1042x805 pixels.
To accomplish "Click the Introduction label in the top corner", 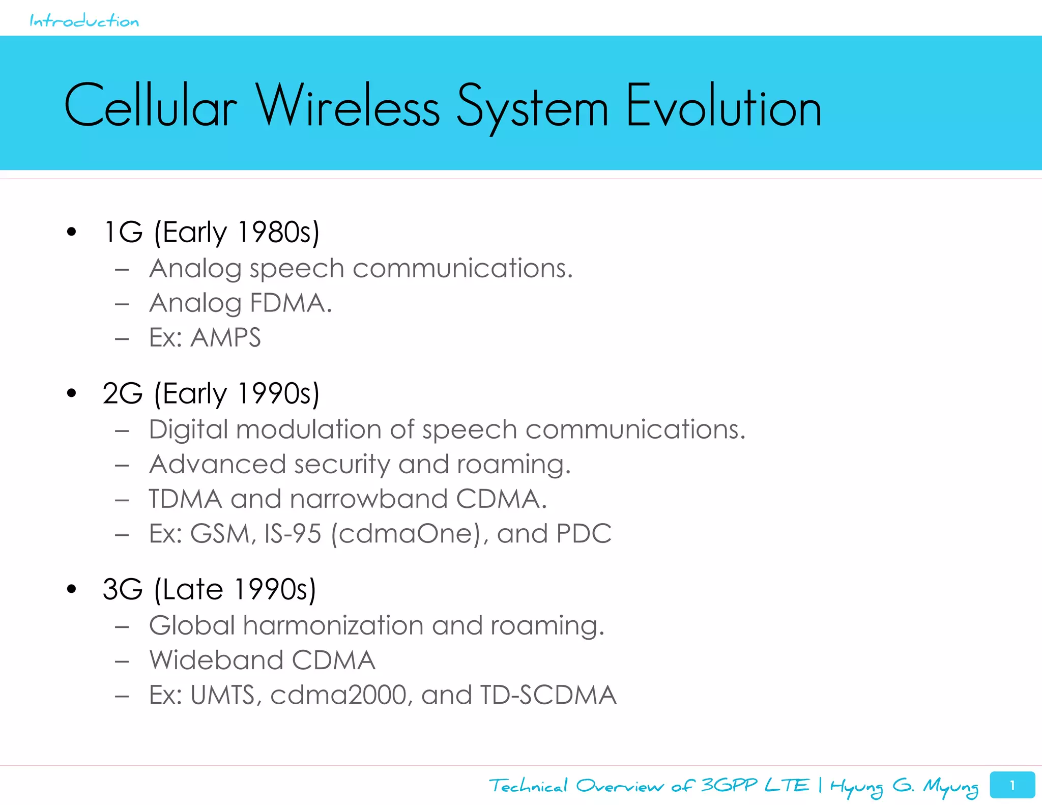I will coord(84,21).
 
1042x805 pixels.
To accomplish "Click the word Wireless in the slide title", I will coord(348,107).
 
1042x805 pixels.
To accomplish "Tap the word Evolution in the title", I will coord(723,107).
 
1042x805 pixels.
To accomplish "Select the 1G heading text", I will coord(123,233).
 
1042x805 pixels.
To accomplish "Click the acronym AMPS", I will coord(225,338).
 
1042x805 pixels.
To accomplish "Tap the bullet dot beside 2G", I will coord(71,393).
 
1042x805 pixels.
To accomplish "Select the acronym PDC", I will coord(584,534).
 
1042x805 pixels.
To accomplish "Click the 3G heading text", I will coord(123,590).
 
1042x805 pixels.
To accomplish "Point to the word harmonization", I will coord(333,626).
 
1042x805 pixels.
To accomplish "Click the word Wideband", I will coord(216,660).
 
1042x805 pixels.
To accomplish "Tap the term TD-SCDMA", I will coord(547,695).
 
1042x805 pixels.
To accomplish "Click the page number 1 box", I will coord(1012,785).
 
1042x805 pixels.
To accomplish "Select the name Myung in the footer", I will coord(950,787).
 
